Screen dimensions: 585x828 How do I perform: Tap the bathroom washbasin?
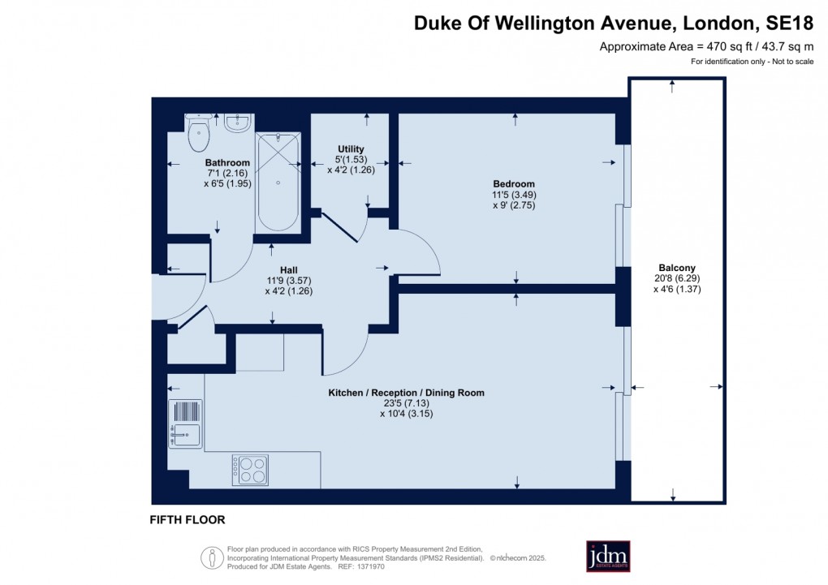237,123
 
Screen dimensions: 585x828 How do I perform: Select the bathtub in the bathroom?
278,183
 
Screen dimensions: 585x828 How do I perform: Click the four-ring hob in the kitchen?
250,470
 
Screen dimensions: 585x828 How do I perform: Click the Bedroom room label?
514,183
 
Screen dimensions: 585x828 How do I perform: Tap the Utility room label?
351,148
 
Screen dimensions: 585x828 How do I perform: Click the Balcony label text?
676,268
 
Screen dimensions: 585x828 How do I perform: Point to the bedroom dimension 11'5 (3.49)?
514,195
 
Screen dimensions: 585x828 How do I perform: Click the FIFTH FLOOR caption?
188,519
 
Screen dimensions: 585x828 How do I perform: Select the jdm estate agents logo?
608,556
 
